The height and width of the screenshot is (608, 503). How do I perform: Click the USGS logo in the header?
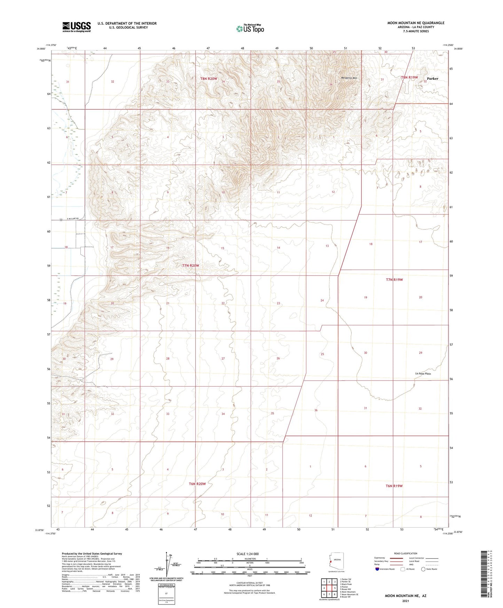(77, 27)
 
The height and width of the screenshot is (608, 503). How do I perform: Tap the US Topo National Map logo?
(250, 29)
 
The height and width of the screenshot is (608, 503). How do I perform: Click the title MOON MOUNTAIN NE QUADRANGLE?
(416, 23)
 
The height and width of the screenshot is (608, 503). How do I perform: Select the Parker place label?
(432, 79)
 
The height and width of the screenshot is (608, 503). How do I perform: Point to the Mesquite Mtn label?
(349, 78)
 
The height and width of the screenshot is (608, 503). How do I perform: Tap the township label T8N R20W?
(209, 79)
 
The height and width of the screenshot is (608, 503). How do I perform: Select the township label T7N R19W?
(394, 280)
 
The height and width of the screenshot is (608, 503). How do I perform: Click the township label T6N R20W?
(197, 484)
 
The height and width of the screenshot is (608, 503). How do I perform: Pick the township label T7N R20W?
(191, 265)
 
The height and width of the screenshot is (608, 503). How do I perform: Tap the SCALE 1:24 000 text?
(247, 554)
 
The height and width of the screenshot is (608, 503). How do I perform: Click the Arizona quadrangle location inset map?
(336, 561)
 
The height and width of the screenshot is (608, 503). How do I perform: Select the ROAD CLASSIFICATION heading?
(406, 553)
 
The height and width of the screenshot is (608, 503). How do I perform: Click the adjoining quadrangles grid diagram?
(329, 588)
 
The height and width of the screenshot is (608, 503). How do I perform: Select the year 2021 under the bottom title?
(405, 601)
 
